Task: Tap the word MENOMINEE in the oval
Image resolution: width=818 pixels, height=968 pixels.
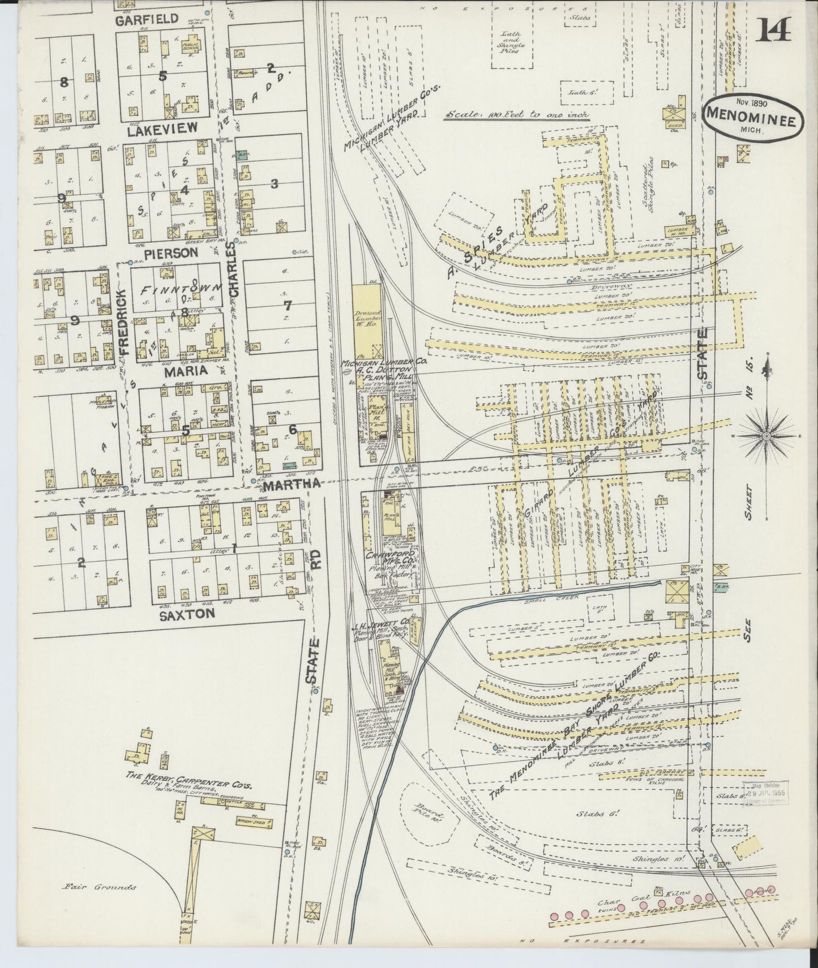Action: (751, 120)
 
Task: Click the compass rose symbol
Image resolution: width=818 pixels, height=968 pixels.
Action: (765, 436)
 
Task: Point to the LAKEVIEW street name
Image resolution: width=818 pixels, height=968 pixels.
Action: (162, 128)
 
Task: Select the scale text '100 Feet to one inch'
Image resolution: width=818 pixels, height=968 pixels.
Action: (516, 114)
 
